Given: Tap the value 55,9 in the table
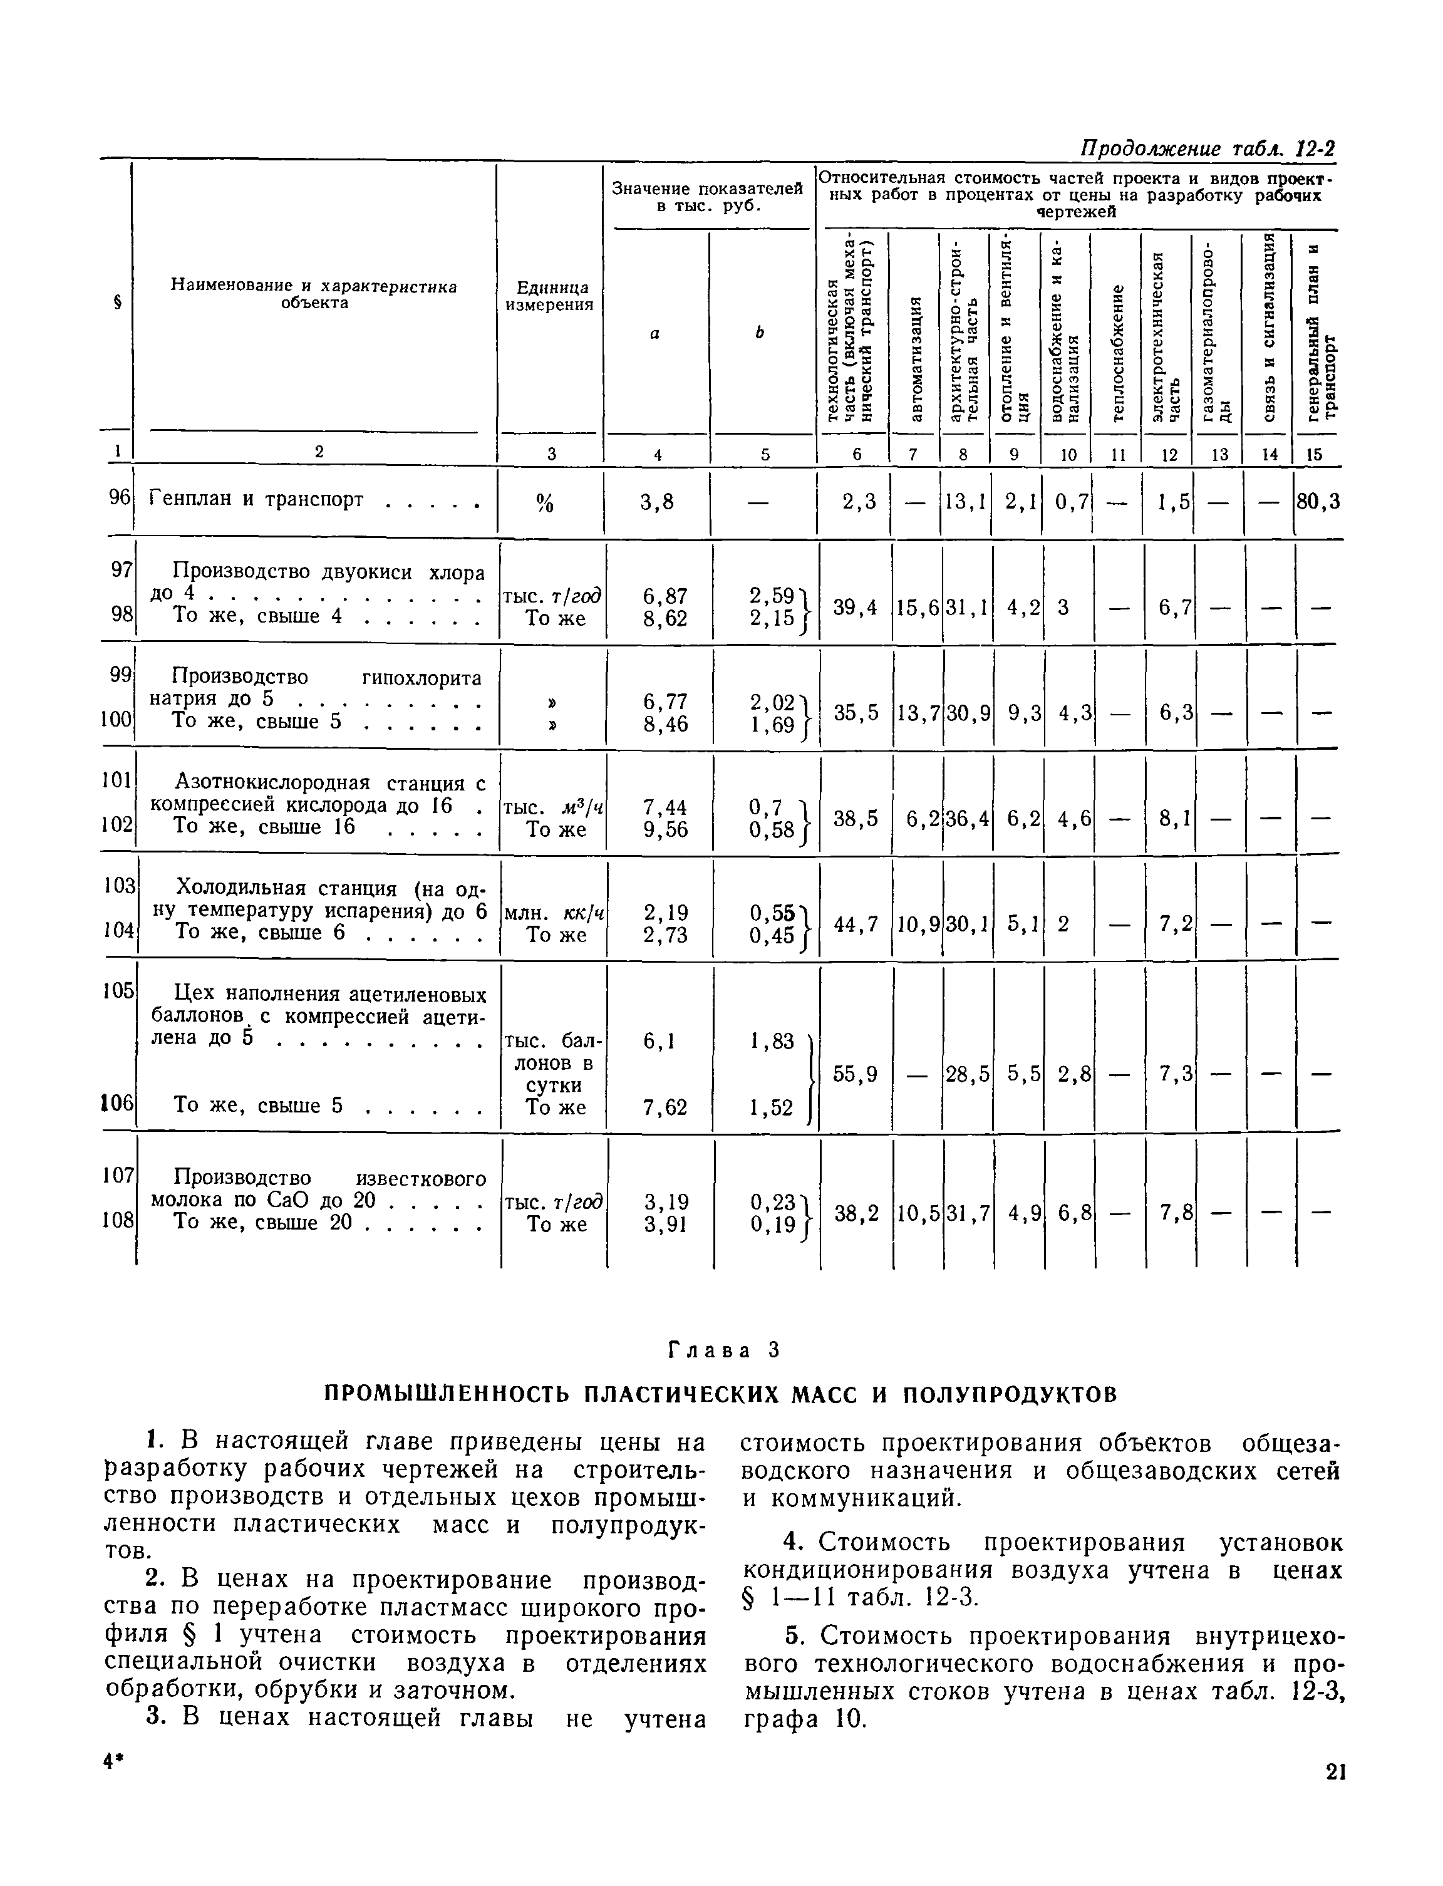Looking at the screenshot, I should [x=856, y=1074].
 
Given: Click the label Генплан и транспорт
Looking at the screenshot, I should [x=257, y=499].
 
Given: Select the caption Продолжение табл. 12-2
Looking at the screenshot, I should [x=1207, y=148].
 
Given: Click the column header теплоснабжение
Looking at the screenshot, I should [x=1117, y=353].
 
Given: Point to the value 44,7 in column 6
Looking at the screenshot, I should [x=856, y=924].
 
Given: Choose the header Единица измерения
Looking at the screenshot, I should [x=550, y=296].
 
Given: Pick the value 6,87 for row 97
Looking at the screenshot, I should [x=664, y=596].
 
